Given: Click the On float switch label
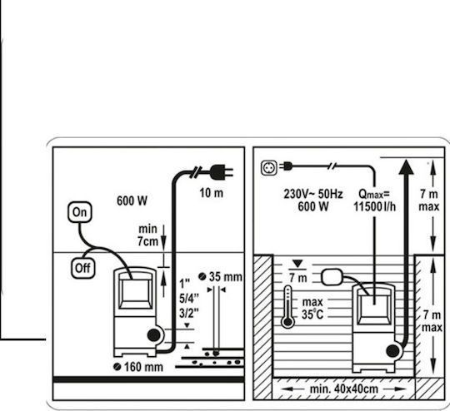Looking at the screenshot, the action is click(x=80, y=212).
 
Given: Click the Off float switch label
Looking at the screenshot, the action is click(x=83, y=268).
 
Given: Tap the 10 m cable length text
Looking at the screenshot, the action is click(x=211, y=193).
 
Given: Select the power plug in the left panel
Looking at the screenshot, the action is click(x=222, y=172).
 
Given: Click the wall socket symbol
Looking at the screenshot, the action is click(x=269, y=168).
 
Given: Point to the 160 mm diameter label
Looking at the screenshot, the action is click(x=138, y=367).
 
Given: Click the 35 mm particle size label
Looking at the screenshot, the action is click(x=220, y=277).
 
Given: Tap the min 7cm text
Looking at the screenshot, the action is click(x=147, y=235).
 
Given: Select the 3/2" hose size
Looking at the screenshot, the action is click(x=189, y=313).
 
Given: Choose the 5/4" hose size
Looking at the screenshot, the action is click(x=189, y=299).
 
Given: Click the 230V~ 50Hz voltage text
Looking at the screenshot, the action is click(x=313, y=194).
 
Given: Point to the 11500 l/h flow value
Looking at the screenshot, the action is click(x=374, y=206).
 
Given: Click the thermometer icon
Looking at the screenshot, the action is click(x=287, y=307).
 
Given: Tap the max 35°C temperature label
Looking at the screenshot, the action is click(x=312, y=308).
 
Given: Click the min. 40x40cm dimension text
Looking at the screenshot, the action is click(x=344, y=389).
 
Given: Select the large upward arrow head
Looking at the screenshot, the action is click(x=407, y=167).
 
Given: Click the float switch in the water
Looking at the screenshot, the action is click(x=332, y=277).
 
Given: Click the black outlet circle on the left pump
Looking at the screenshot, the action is click(x=154, y=335).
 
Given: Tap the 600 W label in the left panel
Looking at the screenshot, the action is click(x=132, y=201).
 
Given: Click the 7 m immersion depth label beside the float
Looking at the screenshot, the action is click(x=298, y=278).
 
